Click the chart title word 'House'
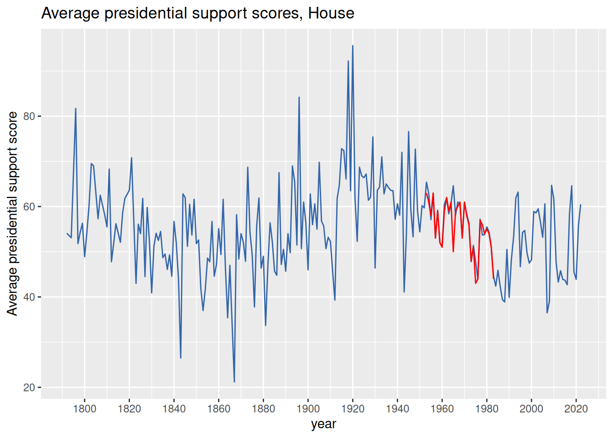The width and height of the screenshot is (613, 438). (331, 13)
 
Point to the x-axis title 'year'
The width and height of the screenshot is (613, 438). (323, 424)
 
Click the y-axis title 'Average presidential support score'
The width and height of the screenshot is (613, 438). (12, 213)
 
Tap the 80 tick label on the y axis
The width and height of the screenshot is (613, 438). (29, 116)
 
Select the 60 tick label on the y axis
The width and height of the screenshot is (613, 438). (29, 207)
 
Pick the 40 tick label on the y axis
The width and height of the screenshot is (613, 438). (29, 297)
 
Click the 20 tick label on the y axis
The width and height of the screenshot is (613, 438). (29, 387)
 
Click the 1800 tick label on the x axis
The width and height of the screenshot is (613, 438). (84, 408)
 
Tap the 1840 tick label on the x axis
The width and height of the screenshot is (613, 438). (174, 408)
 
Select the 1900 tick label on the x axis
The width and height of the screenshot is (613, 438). (308, 408)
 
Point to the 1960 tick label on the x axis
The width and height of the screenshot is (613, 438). (442, 408)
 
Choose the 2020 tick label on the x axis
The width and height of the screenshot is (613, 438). (576, 408)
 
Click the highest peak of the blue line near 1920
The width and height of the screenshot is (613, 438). (353, 46)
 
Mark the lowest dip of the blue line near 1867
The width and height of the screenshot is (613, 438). (234, 381)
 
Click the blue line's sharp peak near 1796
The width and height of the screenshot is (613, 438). (76, 109)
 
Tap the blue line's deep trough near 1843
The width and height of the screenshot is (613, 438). (181, 358)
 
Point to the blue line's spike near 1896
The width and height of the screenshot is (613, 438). (299, 97)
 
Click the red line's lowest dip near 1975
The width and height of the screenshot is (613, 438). (475, 283)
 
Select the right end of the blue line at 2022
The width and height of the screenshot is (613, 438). (581, 205)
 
